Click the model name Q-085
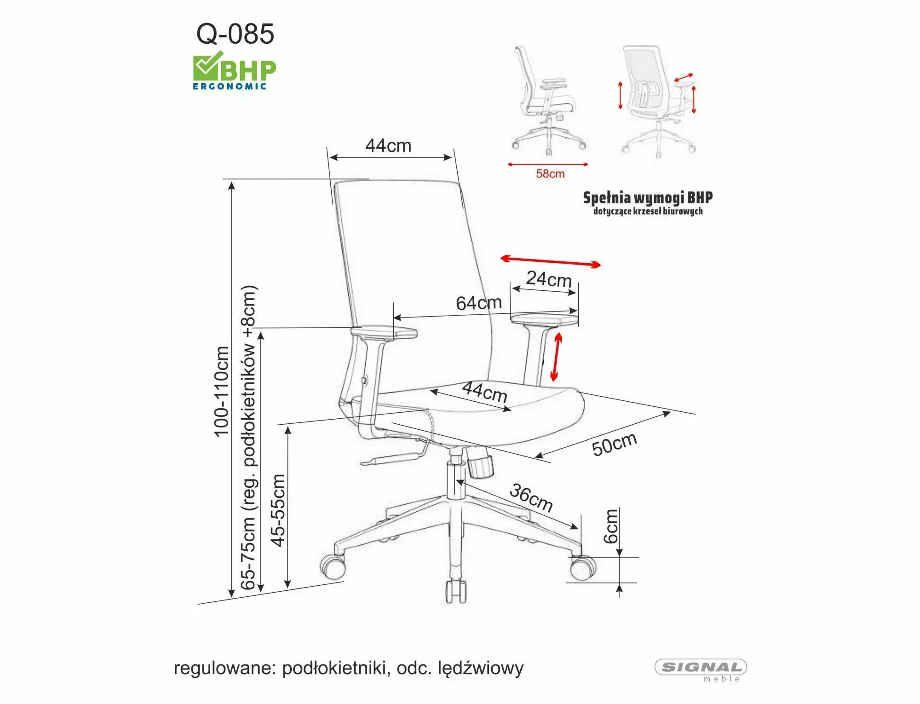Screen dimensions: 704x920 tap(235, 34)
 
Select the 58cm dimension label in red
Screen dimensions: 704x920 tap(550, 174)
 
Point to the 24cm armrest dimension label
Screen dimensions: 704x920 tap(549, 279)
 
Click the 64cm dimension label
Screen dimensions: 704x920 tap(479, 303)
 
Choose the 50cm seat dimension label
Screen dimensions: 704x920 tap(614, 444)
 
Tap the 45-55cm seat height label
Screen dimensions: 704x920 tap(278, 510)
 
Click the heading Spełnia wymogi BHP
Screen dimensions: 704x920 tap(648, 198)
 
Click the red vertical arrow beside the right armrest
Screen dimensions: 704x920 tap(557, 357)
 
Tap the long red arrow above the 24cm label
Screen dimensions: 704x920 tap(550, 261)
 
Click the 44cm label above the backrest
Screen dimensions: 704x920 tap(388, 146)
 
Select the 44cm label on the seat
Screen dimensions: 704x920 tap(484, 392)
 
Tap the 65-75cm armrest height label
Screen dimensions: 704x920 tap(248, 437)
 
